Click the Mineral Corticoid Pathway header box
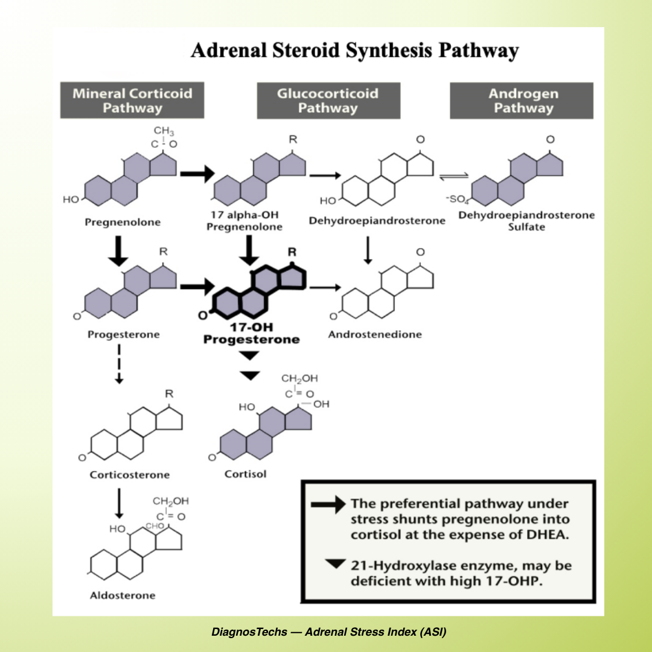pos(132,101)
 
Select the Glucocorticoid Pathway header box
pos(328,101)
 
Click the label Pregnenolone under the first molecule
pos(123,222)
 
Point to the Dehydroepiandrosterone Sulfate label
pos(526,221)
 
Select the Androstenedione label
pos(375,334)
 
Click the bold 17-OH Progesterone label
pos(251,334)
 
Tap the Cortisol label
pos(245,474)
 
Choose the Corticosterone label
pos(130,475)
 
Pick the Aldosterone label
pos(123,596)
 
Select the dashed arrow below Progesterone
pos(120,364)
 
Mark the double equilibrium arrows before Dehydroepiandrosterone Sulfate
pos(452,176)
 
